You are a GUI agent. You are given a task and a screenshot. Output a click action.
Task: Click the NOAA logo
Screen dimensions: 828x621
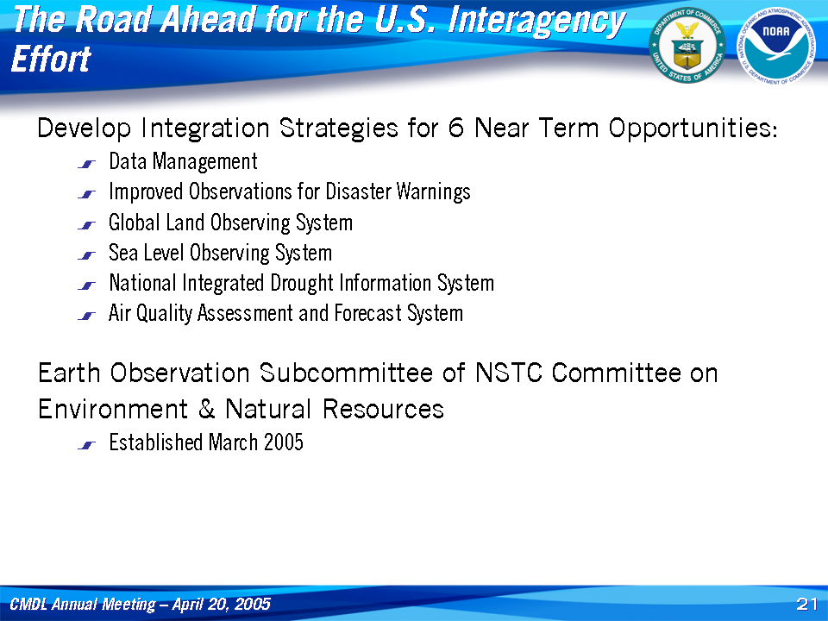[x=775, y=46]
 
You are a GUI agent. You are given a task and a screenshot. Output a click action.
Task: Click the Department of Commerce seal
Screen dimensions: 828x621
[x=687, y=46]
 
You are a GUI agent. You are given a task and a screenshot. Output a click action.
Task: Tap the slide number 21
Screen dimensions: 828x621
[x=807, y=604]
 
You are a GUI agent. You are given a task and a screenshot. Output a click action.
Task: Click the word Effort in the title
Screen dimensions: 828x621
[x=51, y=59]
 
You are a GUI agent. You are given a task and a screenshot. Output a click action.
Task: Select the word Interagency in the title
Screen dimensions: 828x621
[x=536, y=21]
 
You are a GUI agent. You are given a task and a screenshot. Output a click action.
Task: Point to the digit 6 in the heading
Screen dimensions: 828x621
[x=455, y=128]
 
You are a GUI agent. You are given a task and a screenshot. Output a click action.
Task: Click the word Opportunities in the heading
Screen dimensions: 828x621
[x=693, y=129]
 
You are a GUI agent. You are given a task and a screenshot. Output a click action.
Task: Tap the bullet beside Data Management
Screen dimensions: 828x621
[x=86, y=164]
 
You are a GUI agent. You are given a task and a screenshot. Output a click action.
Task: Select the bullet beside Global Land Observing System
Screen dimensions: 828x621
[x=86, y=225]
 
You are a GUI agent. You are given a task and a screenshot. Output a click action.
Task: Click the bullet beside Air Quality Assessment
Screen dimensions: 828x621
[x=86, y=317]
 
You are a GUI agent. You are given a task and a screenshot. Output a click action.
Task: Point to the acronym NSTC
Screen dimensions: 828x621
[x=509, y=373]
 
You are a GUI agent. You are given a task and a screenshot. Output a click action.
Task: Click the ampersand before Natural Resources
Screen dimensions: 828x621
[x=206, y=409]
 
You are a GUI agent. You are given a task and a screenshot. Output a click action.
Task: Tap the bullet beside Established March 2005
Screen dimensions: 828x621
[x=86, y=446]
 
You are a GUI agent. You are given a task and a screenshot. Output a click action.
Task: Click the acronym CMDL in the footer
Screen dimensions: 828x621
[x=28, y=604]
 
